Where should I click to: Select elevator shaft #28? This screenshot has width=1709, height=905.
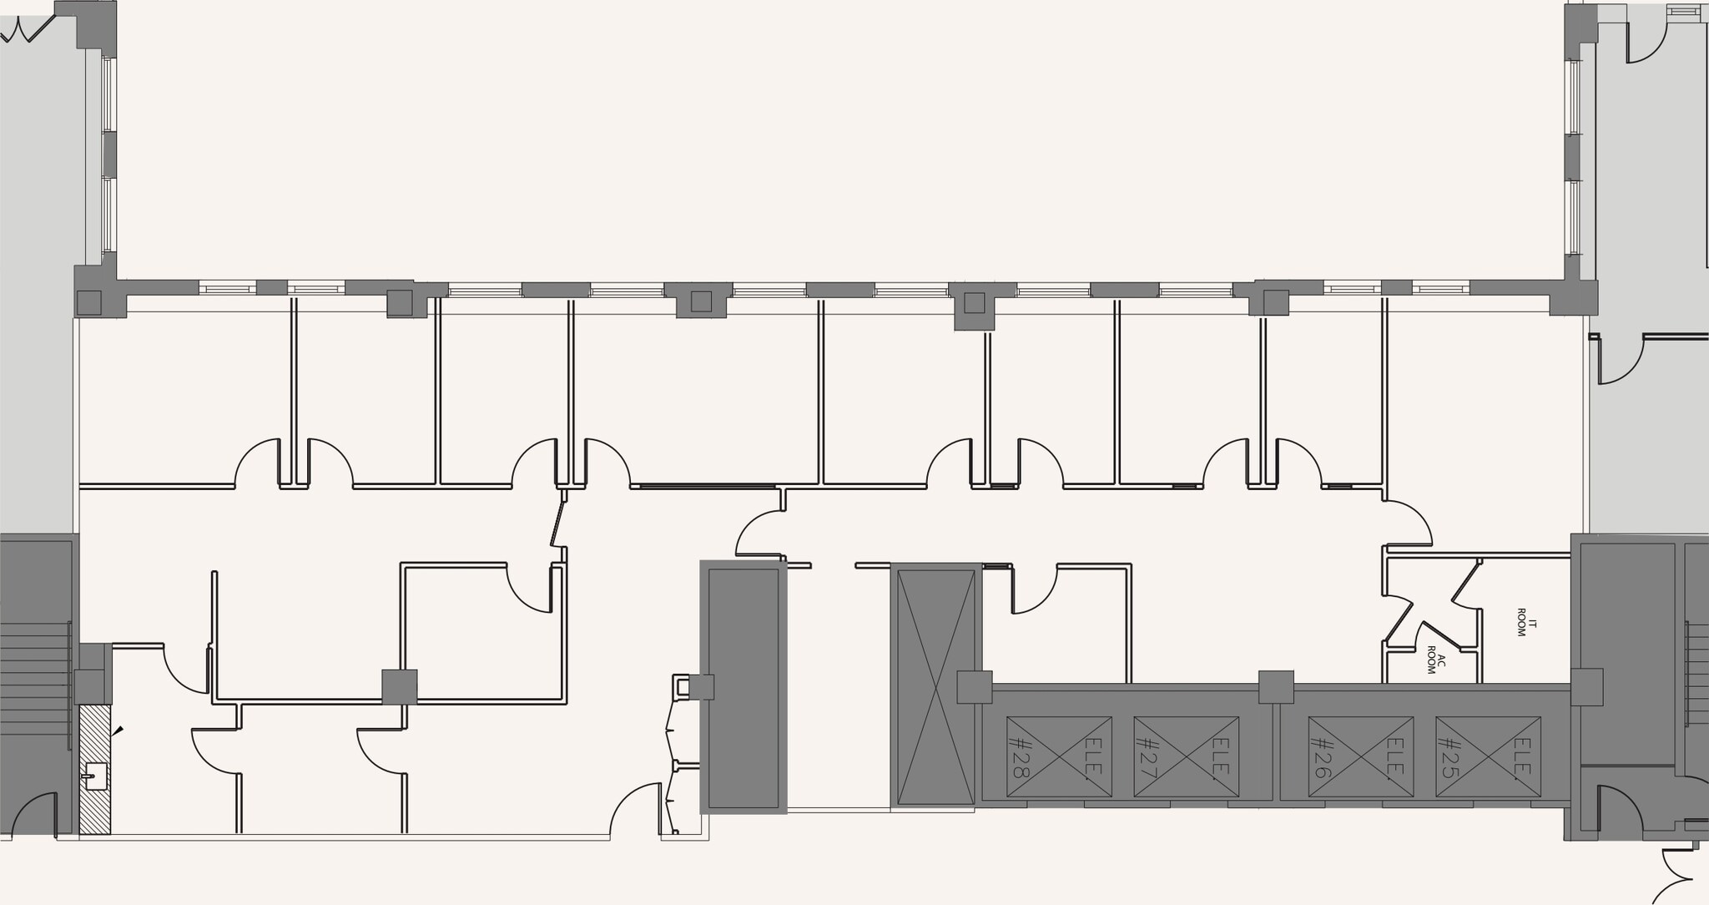pyautogui.click(x=1059, y=756)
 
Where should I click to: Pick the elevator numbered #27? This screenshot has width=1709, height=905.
pyautogui.click(x=1186, y=756)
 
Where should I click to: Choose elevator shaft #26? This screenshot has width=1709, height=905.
pyautogui.click(x=1361, y=756)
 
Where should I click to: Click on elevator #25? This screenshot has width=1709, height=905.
pyautogui.click(x=1488, y=756)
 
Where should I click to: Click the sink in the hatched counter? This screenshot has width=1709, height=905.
pyautogui.click(x=96, y=776)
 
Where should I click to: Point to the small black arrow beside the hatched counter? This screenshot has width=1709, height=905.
pyautogui.click(x=118, y=731)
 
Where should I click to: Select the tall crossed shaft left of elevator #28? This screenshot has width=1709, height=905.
pyautogui.click(x=934, y=687)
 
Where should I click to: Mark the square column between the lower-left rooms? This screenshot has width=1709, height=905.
pyautogui.click(x=399, y=687)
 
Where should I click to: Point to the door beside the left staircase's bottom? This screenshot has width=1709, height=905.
pyautogui.click(x=34, y=815)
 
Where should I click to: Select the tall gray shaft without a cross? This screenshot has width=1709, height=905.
pyautogui.click(x=744, y=687)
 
